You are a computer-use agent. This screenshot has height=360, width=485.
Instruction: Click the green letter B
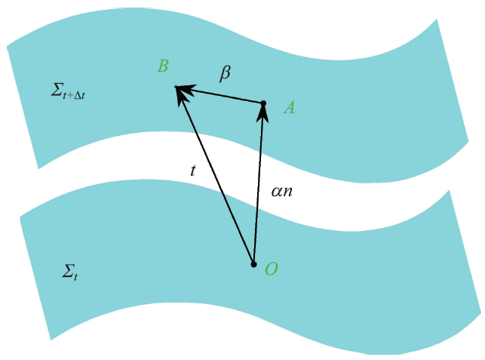pos(162,66)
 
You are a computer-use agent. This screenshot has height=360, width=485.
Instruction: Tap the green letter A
pos(289,108)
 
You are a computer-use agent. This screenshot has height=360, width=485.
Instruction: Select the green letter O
pos(272,269)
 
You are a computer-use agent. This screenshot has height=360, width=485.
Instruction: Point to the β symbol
pos(225,73)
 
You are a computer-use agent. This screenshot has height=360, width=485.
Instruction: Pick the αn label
pos(281,192)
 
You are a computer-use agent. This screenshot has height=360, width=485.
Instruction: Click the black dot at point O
pos(253,264)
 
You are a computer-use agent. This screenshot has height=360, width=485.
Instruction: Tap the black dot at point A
pos(263,103)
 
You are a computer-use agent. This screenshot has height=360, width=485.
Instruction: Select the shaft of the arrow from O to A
pos(258,189)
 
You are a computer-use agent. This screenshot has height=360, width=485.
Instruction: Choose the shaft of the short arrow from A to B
pos(226,96)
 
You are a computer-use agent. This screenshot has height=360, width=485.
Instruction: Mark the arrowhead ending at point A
pos(262,112)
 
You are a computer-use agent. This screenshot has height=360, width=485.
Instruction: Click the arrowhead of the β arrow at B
pos(185,90)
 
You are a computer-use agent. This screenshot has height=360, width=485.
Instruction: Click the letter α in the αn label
pos(277,192)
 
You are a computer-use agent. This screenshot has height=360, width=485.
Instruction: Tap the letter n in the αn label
pos(287,192)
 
